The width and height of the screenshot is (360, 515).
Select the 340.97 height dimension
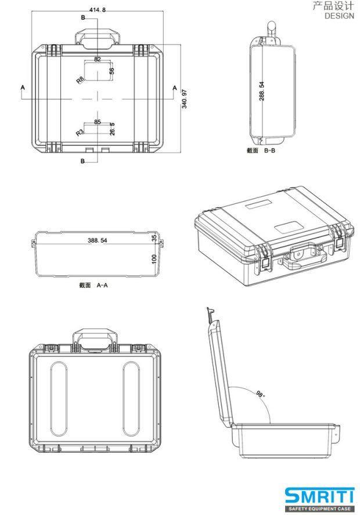click(x=184, y=99)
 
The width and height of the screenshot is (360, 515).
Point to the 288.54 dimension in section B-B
click(x=262, y=91)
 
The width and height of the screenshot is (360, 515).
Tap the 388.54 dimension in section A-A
click(x=98, y=240)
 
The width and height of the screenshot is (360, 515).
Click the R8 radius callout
click(x=80, y=80)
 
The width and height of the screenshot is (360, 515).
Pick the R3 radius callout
click(x=80, y=132)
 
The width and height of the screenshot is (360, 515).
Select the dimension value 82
click(x=97, y=59)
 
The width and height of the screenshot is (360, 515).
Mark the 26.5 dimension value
click(x=112, y=128)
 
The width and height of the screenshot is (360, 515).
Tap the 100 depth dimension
click(x=154, y=258)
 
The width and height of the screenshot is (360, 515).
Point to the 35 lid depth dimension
click(x=154, y=238)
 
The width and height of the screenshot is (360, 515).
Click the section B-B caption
click(x=261, y=150)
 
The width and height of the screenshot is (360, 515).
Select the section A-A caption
click(x=93, y=285)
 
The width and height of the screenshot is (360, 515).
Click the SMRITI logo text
click(x=319, y=496)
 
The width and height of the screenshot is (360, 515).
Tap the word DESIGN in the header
click(x=339, y=16)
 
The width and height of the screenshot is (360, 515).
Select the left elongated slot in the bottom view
click(x=59, y=399)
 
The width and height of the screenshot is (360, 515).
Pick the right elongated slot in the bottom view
click(x=131, y=399)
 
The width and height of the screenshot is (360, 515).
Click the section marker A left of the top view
click(x=23, y=88)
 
